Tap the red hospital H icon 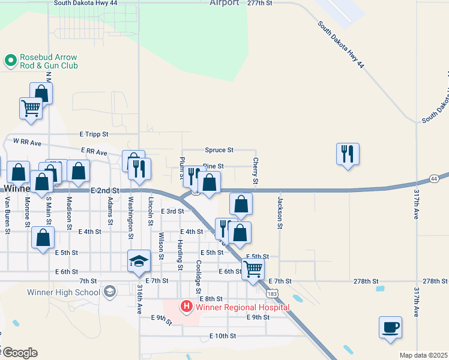click(186, 307)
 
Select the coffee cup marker click(390, 328)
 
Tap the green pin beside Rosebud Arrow click(10, 61)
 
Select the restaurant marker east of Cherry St click(348, 154)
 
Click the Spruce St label click(218, 149)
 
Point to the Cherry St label click(256, 171)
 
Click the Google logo click(19, 353)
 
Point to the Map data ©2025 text click(423, 355)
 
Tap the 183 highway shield click(273, 293)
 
